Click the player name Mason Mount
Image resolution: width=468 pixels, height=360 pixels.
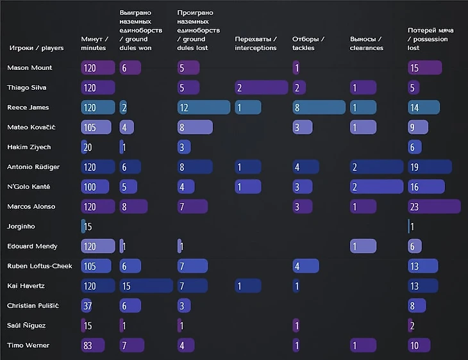pyautogui.click(x=29, y=68)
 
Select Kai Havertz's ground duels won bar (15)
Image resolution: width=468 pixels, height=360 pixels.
pyautogui.click(x=146, y=286)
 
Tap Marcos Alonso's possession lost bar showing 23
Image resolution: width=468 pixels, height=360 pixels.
pyautogui.click(x=434, y=206)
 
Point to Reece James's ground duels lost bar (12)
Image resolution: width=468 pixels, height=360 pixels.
pyautogui.click(x=203, y=108)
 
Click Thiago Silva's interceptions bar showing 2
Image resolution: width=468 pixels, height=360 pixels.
pyautogui.click(x=261, y=88)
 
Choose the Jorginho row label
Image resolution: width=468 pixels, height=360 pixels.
pyautogui.click(x=21, y=227)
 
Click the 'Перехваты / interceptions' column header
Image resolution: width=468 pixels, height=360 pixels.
pyautogui.click(x=256, y=44)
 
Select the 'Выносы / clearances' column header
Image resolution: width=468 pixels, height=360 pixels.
pyautogui.click(x=367, y=44)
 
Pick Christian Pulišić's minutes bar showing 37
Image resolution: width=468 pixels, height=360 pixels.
pyautogui.click(x=87, y=306)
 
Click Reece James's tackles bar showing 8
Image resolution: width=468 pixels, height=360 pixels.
pyautogui.click(x=319, y=108)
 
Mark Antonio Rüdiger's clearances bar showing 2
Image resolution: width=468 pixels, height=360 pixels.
pyautogui.click(x=376, y=167)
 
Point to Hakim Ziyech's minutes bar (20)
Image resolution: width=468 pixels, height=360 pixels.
pyautogui.click(x=85, y=147)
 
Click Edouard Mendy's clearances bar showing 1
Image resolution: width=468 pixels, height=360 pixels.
pyautogui.click(x=363, y=247)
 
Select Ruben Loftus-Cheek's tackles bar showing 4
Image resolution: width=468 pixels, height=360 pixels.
pyautogui.click(x=305, y=266)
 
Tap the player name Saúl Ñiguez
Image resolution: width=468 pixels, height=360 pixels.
pyautogui.click(x=27, y=326)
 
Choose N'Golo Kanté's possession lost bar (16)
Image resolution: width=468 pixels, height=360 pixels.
pyautogui.click(x=426, y=187)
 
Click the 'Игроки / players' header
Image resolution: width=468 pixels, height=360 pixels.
pyautogui.click(x=37, y=48)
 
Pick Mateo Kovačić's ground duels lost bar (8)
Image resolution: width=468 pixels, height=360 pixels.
pyautogui.click(x=194, y=127)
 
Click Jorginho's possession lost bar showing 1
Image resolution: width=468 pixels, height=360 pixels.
pyautogui.click(x=410, y=227)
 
